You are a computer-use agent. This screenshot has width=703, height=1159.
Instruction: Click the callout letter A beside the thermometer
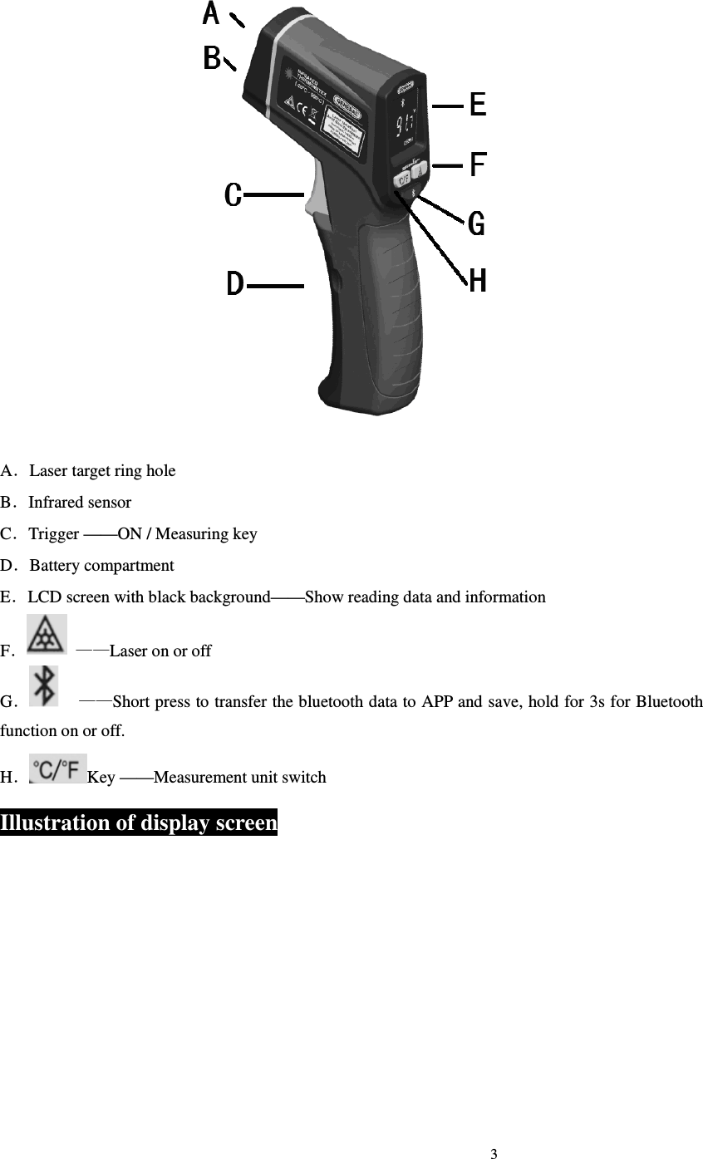[212, 14]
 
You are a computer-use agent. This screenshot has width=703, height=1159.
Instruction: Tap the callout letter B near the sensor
[212, 59]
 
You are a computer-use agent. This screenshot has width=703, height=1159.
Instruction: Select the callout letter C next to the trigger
[234, 195]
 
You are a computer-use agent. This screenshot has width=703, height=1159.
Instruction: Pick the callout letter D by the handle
[235, 285]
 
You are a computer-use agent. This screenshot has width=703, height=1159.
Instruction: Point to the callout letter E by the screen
[477, 106]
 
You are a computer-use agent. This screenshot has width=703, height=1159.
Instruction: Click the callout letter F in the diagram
[477, 165]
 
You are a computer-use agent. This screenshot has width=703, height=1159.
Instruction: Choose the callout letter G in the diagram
[476, 223]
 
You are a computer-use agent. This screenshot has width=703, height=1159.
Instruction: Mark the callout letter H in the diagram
[477, 282]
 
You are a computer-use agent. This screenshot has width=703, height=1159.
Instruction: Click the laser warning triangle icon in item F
[47, 635]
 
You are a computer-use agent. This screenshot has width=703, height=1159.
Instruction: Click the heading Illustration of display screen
[139, 823]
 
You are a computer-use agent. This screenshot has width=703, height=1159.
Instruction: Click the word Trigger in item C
[54, 534]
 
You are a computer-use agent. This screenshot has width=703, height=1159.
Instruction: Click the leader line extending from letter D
[276, 286]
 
